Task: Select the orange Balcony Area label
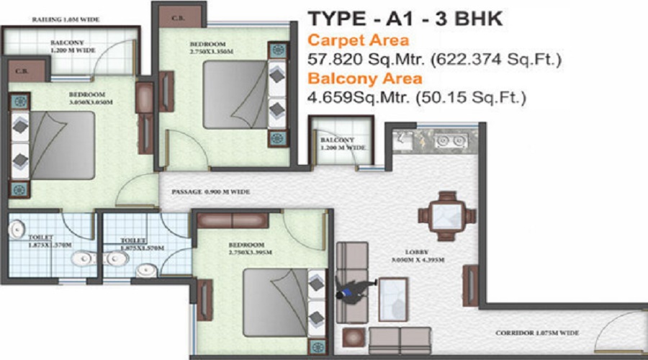tap(364, 78)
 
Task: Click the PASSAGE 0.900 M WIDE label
tap(210, 192)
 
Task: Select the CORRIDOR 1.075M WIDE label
tap(536, 333)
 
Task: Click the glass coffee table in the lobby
tap(392, 295)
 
